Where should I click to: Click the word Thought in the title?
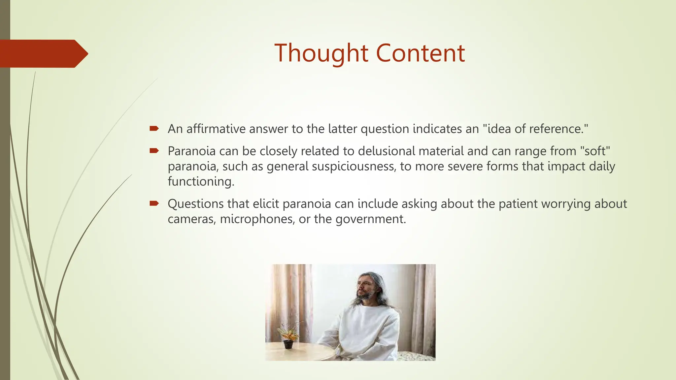321,53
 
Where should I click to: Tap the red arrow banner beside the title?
43,54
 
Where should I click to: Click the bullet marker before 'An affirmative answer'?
154,128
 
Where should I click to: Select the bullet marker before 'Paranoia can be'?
154,151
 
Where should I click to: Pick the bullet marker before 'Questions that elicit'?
154,203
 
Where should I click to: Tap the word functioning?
201,181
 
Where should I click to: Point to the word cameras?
192,219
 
